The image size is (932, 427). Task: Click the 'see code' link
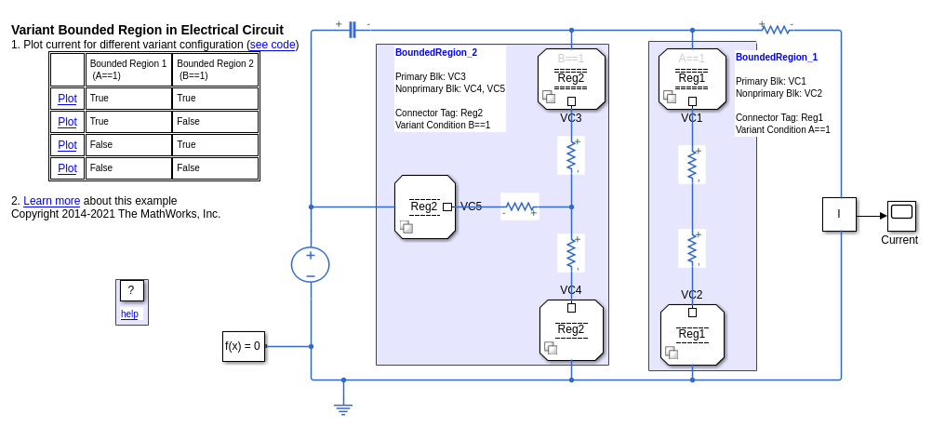coord(273,45)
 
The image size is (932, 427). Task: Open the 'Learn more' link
coord(51,201)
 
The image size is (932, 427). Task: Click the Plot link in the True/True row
coord(67,99)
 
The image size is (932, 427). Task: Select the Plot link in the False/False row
coord(67,168)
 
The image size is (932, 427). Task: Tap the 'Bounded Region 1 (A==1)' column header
coord(128,70)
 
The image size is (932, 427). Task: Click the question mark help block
coord(131,291)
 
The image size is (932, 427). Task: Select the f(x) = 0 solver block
coord(243,346)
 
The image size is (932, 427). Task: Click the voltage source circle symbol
coord(311,264)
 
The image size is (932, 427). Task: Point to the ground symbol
coord(343,407)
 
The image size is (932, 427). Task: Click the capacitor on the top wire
coord(353,31)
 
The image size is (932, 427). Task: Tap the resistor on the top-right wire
coord(777,30)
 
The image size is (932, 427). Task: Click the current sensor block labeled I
coord(839,214)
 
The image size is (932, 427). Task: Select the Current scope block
coord(901,215)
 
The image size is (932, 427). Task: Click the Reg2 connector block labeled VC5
coord(425,207)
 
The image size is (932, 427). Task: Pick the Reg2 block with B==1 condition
coord(571,79)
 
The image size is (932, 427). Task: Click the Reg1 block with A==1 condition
coord(692,79)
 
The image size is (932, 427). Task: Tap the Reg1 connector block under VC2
coord(692,335)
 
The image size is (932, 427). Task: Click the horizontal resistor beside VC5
coord(520,207)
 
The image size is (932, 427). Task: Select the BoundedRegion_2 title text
coord(436,53)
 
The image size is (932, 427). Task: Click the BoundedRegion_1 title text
coord(777,58)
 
